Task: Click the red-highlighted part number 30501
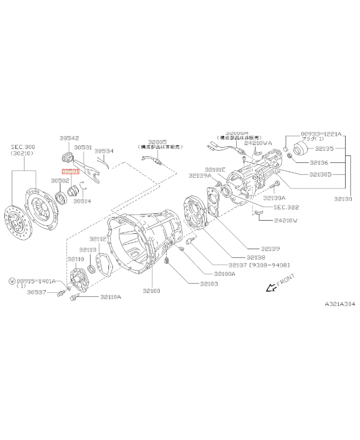point(70,171)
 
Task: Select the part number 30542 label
point(69,139)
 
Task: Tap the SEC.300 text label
point(23,147)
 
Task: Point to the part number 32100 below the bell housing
point(151,291)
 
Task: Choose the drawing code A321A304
point(340,304)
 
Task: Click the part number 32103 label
point(209,284)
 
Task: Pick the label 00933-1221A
point(321,134)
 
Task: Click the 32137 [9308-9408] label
point(259,265)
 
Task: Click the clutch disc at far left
point(17,223)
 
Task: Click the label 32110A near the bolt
point(111,297)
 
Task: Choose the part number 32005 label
point(157,142)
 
